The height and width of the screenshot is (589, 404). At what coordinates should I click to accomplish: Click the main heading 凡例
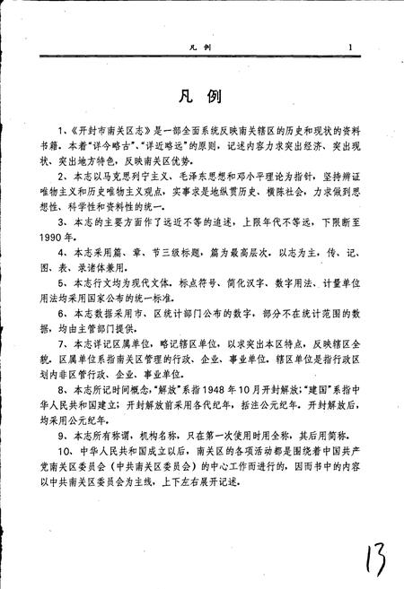201,94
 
